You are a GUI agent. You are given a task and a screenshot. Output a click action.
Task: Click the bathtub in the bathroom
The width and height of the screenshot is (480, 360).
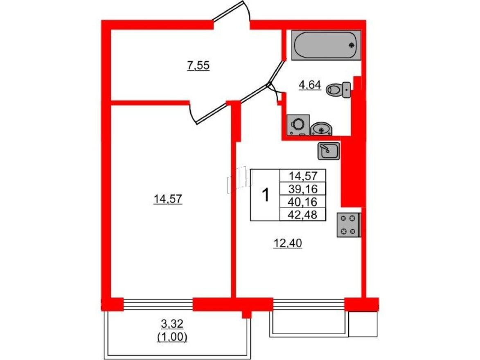point(327,45)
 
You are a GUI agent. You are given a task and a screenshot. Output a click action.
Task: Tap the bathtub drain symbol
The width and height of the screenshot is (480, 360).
point(352,45)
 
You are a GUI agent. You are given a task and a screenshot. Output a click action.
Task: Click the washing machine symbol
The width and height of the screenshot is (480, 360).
point(298,125)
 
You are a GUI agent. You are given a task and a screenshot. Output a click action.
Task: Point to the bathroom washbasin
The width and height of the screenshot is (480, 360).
point(322,129)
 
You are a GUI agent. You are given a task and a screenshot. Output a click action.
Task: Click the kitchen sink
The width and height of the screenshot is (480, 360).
point(328,151)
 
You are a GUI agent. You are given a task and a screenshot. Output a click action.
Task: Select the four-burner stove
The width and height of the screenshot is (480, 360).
point(348,225)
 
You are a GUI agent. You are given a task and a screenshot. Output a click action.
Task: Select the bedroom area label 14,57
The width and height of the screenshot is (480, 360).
point(168,199)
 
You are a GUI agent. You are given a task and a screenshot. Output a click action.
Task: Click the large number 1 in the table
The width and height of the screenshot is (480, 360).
point(265,195)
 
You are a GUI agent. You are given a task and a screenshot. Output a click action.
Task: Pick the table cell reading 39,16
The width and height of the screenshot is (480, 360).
point(303,189)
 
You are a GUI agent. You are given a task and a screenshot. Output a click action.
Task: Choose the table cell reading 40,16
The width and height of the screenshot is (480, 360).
point(303,202)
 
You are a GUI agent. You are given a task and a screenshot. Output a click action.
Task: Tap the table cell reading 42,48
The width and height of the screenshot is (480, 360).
point(303,214)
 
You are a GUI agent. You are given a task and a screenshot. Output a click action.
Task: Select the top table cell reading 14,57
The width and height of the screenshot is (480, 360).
point(303,176)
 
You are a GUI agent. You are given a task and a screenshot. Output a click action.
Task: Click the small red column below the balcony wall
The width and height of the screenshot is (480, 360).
point(246,314)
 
